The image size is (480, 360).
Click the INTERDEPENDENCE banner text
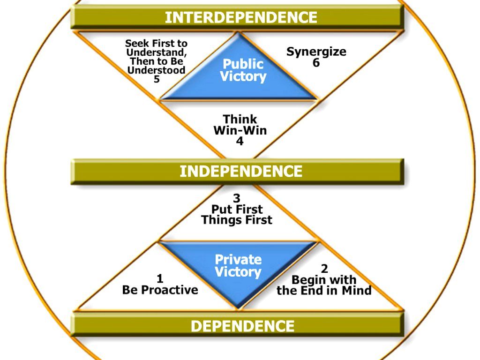[x=241, y=18]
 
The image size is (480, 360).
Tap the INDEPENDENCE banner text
[x=241, y=171]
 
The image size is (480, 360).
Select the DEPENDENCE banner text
[x=242, y=326]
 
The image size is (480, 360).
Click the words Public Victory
[x=243, y=70]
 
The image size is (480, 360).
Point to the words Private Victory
[x=238, y=265]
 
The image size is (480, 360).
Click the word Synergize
[x=316, y=52]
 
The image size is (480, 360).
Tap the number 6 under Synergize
[x=316, y=62]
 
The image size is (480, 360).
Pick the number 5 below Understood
[x=157, y=79]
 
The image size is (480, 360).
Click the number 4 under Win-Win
[x=240, y=141]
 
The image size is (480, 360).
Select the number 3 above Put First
[x=237, y=199]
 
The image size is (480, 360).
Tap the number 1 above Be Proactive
[x=160, y=278]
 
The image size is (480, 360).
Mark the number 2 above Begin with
[x=324, y=269]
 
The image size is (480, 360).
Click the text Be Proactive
[x=160, y=290]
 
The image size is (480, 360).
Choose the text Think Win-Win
[x=240, y=125]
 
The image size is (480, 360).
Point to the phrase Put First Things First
[x=237, y=214]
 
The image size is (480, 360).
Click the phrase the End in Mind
[x=324, y=291]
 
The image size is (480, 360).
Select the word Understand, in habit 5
[x=157, y=52]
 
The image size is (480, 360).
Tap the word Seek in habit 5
[x=136, y=44]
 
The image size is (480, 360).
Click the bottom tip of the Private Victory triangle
[x=239, y=307]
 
